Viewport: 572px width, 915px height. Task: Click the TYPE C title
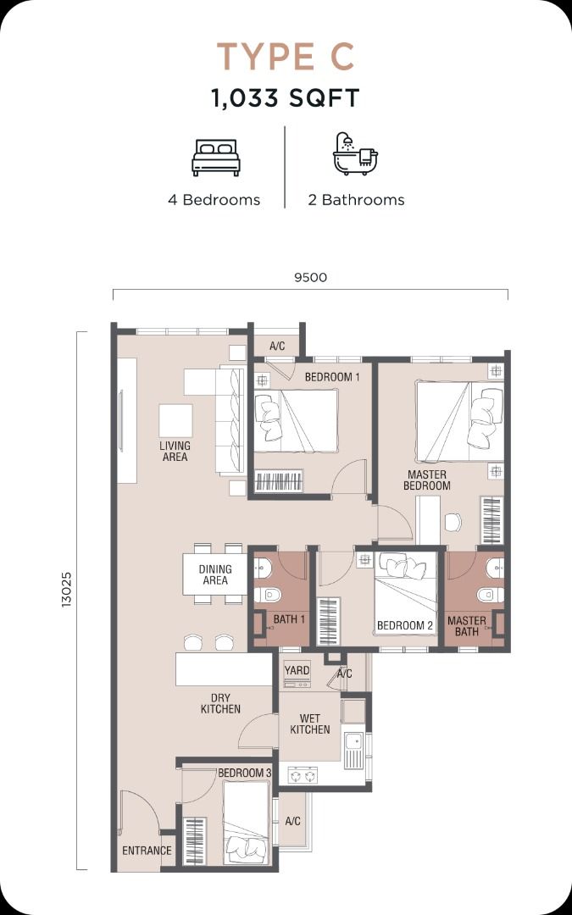coord(286,57)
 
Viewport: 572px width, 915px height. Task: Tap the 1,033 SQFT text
coord(286,98)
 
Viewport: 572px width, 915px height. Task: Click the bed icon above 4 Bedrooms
coord(216,158)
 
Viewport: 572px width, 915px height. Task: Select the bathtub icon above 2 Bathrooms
coord(355,154)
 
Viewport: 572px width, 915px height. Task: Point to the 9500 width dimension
coord(310,277)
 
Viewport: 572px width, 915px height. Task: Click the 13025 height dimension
coord(67,590)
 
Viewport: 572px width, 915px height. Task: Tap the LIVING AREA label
coord(175,451)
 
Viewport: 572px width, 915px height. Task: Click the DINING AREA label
coord(215,574)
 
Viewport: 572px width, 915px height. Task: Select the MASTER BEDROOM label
coord(426,480)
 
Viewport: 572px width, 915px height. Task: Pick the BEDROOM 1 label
coord(332,377)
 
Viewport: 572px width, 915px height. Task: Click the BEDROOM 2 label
coord(405,625)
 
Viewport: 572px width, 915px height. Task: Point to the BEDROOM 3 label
coord(245,773)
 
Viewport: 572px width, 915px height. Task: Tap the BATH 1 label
coord(289,619)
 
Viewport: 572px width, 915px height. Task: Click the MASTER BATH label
coord(466,626)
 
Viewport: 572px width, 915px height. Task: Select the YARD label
coord(297,670)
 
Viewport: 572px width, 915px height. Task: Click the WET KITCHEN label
coord(310,724)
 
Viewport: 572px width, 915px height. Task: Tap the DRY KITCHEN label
coord(220,703)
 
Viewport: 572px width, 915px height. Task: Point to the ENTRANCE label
coord(147,851)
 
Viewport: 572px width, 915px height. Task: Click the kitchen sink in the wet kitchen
coord(353,750)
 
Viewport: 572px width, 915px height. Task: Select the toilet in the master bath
coord(489,595)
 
